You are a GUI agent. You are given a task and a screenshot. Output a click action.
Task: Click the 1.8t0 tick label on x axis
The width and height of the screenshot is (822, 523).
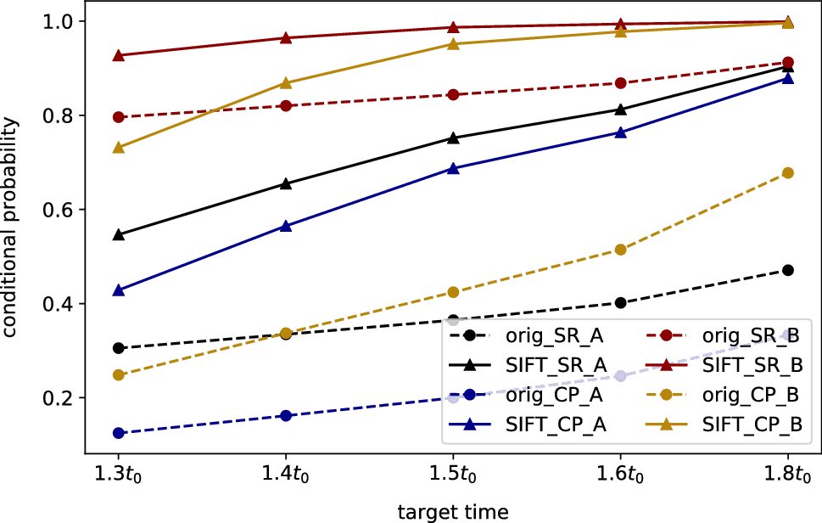pos(787,469)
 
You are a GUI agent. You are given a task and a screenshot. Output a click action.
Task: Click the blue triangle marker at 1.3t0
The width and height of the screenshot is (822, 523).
pos(119,290)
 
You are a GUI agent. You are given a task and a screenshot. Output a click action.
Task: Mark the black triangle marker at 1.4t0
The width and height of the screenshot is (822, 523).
pos(286,183)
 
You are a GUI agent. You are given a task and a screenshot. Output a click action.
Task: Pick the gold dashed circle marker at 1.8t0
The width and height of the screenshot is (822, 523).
pos(787,172)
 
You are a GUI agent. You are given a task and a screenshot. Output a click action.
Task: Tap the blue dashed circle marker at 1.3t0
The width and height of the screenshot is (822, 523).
pos(119,433)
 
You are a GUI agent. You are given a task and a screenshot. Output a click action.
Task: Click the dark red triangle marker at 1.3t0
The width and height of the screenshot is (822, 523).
pos(119,55)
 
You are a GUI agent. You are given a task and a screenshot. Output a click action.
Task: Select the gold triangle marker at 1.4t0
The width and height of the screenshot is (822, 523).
pos(286,82)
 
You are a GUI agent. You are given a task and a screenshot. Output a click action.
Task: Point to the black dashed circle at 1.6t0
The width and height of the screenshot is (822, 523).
pos(620,302)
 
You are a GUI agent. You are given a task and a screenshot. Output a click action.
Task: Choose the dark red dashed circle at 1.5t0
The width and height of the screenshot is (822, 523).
pos(453,94)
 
